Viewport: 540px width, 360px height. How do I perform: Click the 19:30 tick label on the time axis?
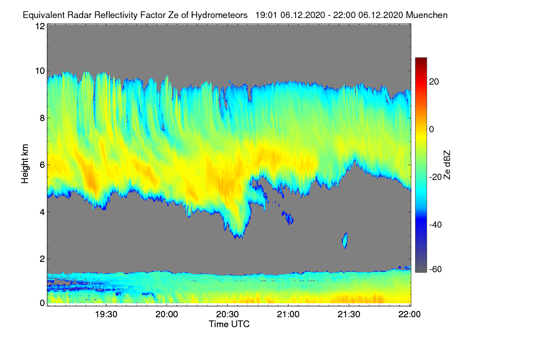tap(106, 315)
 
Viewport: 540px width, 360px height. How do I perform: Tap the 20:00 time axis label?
tap(166, 315)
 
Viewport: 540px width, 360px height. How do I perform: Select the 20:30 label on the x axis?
tap(227, 315)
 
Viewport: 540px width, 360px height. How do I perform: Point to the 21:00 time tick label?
tap(288, 315)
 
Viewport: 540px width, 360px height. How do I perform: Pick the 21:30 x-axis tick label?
tap(349, 315)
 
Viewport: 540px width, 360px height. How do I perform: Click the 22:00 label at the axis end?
tap(409, 315)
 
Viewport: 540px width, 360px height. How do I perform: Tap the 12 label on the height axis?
tap(40, 26)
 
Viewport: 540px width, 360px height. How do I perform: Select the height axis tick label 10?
tap(40, 71)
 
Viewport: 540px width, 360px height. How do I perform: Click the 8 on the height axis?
tap(42, 118)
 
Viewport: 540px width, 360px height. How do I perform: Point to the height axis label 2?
tap(42, 259)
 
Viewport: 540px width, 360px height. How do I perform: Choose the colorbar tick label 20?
tap(434, 82)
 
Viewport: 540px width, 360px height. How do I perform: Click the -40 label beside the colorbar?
tap(436, 225)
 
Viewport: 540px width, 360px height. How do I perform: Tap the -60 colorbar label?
tap(436, 270)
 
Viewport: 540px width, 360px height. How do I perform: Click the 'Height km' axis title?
tap(25, 164)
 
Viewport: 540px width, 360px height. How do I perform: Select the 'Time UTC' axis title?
tap(229, 324)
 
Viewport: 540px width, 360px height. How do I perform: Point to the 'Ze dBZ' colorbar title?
tap(447, 165)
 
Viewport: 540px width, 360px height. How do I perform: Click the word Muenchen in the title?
tap(427, 15)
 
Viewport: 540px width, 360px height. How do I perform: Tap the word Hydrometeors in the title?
tap(220, 15)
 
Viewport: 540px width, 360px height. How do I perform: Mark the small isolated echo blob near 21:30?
tap(345, 240)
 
